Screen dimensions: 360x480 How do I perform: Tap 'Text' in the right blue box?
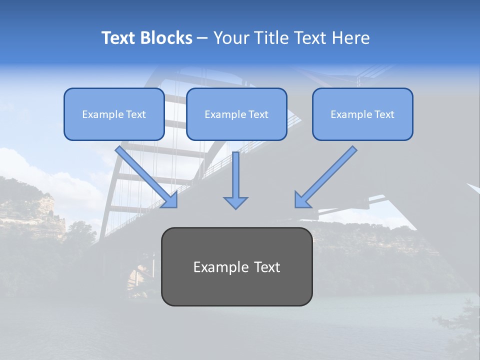coord(384,114)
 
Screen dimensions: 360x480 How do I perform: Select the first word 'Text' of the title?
coord(119,38)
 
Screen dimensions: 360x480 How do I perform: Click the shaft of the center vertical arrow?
coord(235,172)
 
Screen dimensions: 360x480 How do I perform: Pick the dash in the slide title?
coord(202,38)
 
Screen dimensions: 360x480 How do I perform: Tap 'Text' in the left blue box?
coord(136,114)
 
